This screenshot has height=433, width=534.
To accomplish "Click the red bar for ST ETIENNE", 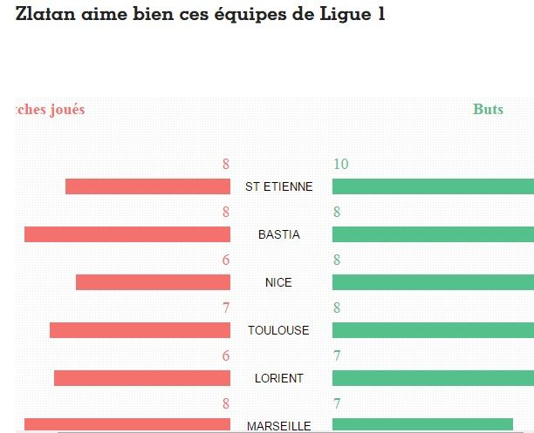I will pyautogui.click(x=147, y=186).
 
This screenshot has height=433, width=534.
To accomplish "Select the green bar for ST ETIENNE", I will pyautogui.click(x=433, y=186).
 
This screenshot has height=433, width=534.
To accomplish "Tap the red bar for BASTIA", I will pyautogui.click(x=127, y=234).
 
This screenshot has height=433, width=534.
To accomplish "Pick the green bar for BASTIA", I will pyautogui.click(x=433, y=234).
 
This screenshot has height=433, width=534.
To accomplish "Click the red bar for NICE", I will pyautogui.click(x=153, y=282).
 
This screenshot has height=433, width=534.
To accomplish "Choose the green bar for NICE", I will pyautogui.click(x=433, y=282).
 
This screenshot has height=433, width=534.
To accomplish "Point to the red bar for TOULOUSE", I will pyautogui.click(x=140, y=330).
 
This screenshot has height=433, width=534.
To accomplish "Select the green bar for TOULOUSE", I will pyautogui.click(x=433, y=330).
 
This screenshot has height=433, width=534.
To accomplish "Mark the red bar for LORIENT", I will pyautogui.click(x=142, y=378).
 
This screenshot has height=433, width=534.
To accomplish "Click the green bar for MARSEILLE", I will pyautogui.click(x=422, y=424).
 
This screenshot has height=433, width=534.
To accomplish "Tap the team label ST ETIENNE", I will pyautogui.click(x=278, y=187).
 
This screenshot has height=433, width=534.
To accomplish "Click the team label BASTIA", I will pyautogui.click(x=278, y=235).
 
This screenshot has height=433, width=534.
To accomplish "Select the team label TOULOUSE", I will pyautogui.click(x=278, y=331).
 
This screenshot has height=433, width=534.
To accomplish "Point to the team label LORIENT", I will pyautogui.click(x=278, y=379).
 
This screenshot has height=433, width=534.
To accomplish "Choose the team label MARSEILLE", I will pyautogui.click(x=278, y=426).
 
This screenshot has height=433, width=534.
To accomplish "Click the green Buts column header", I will pyautogui.click(x=488, y=110).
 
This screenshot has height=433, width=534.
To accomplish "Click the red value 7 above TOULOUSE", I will pyautogui.click(x=225, y=308).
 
